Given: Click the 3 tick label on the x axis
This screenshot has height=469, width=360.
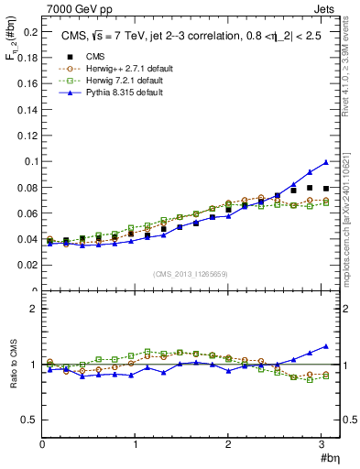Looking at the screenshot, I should [322, 445].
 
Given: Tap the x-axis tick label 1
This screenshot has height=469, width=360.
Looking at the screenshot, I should [136, 445].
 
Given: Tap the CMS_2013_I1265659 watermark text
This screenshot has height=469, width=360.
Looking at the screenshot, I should [191, 273].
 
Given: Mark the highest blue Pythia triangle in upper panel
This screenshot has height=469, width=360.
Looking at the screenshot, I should [326, 162].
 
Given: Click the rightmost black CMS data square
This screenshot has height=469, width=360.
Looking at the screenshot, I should [326, 189].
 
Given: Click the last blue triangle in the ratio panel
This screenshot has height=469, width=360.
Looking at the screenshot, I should [326, 346].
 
